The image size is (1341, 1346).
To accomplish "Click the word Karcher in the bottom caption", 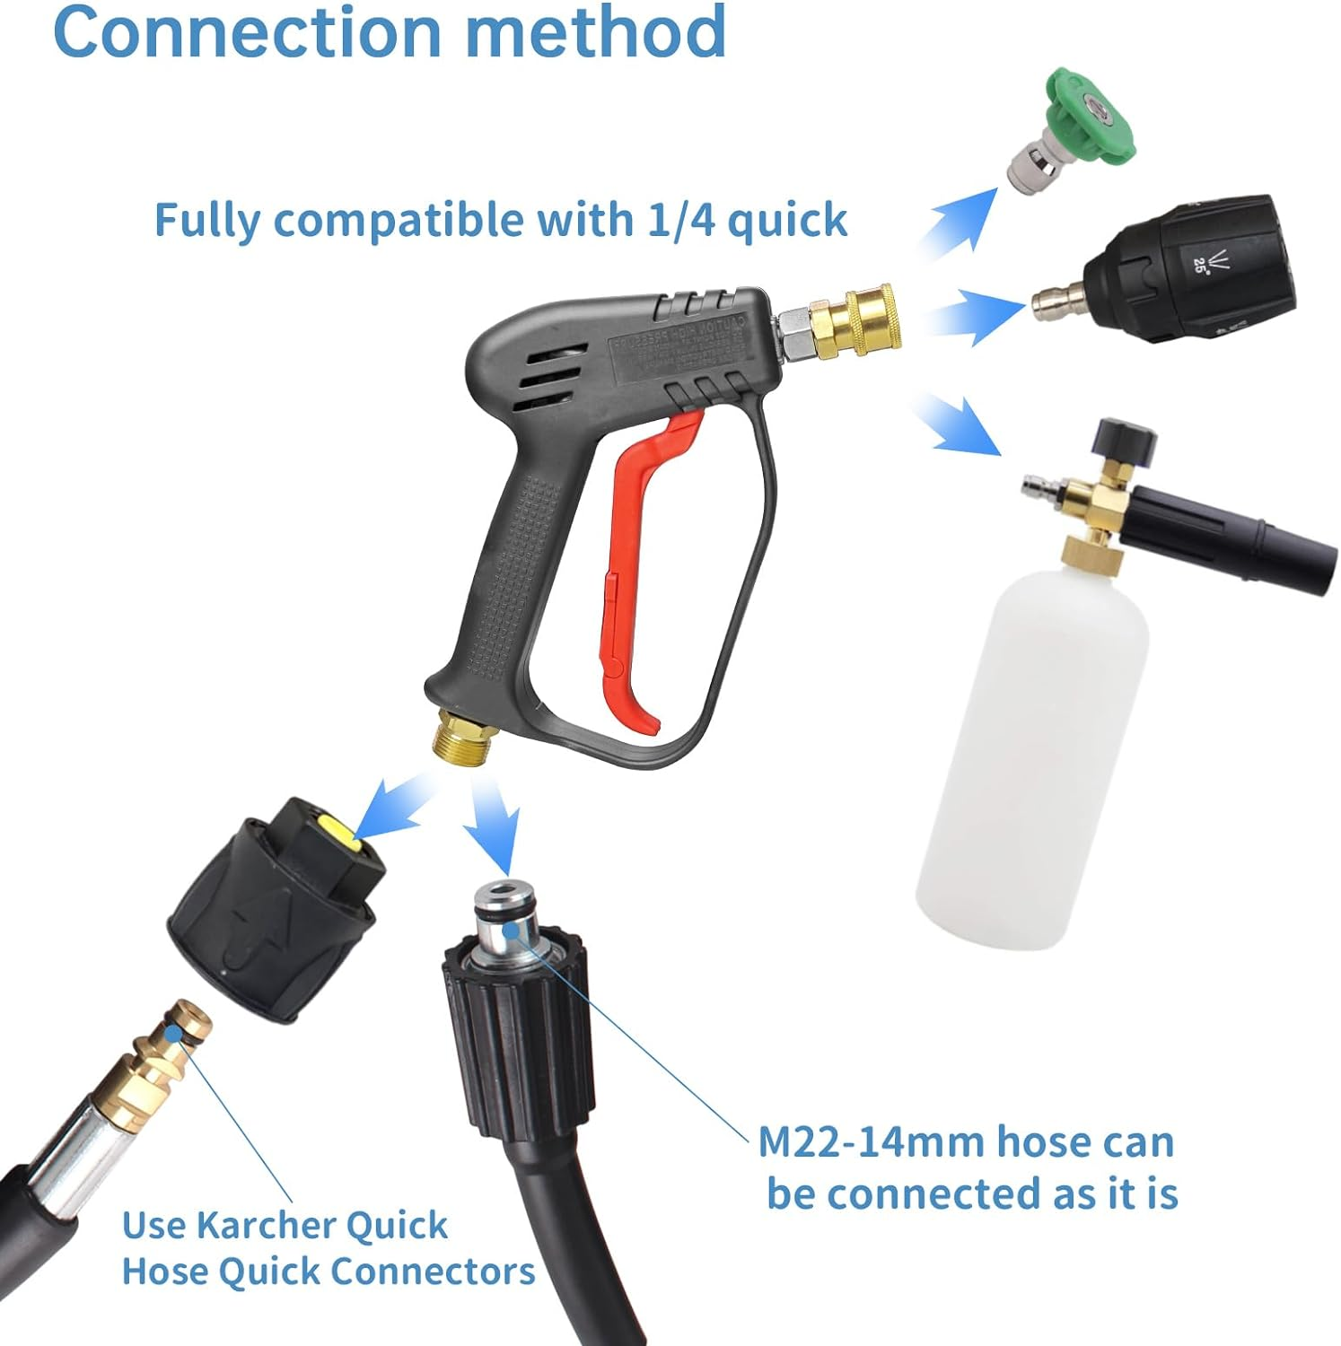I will click(266, 1225).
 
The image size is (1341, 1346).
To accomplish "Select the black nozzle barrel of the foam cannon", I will click(1221, 538).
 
